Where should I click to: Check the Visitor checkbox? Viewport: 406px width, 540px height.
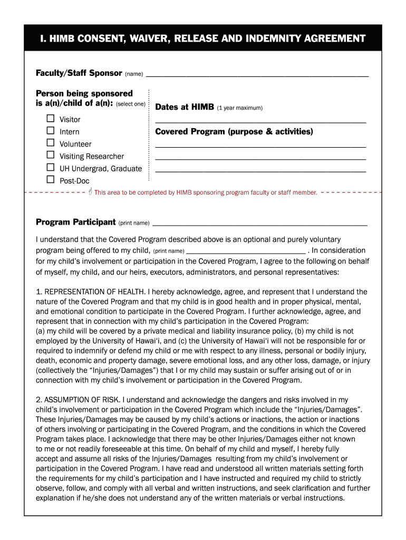tap(51, 119)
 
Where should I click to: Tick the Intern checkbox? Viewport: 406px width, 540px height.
tap(51, 131)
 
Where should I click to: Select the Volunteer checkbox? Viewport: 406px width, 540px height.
tap(51, 143)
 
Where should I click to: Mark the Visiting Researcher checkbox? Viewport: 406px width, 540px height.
tap(51, 155)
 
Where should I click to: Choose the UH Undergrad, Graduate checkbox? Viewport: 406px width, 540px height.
tap(51, 168)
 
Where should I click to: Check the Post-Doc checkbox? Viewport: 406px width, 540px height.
tap(51, 180)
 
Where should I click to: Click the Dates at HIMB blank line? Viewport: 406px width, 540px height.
tap(260, 122)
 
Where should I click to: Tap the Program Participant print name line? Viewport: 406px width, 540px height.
tap(259, 225)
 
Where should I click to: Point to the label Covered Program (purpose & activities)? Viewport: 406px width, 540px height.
tap(234, 132)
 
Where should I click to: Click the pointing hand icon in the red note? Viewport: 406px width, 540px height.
tap(90, 191)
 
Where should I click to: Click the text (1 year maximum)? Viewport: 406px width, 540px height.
tap(239, 108)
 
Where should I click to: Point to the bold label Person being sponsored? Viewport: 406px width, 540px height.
tap(84, 93)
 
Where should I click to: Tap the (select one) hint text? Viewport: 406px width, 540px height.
tap(130, 104)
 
